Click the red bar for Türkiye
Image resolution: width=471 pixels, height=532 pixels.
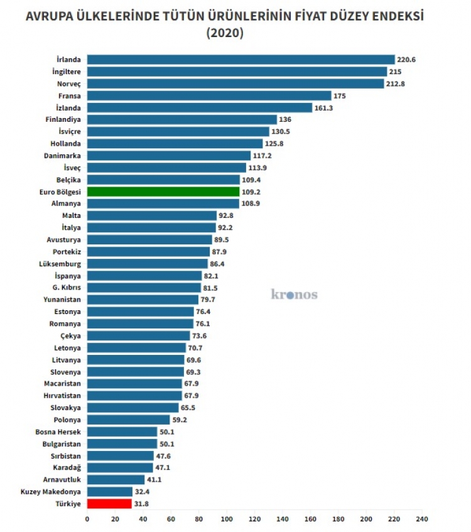[x=109, y=503]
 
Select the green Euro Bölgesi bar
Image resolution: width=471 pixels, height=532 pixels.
[x=163, y=192]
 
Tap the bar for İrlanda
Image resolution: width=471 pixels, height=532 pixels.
[x=241, y=60]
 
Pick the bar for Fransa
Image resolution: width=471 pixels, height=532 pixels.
[x=209, y=95]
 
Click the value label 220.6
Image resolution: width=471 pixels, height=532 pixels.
[x=406, y=60]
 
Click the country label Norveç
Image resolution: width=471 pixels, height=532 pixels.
[x=68, y=84]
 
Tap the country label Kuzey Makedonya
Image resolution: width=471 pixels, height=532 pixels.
[x=51, y=491]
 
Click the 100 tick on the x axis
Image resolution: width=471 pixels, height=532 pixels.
[x=227, y=519]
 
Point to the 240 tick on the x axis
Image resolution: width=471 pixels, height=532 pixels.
[x=422, y=519]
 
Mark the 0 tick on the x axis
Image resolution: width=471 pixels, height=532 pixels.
[x=87, y=519]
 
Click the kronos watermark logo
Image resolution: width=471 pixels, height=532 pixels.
[x=294, y=294]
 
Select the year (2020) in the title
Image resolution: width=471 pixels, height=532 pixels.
[x=224, y=33]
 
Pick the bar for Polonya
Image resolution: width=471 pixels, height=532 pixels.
[x=129, y=420]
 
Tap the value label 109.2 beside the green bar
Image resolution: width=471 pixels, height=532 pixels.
[x=251, y=192]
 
